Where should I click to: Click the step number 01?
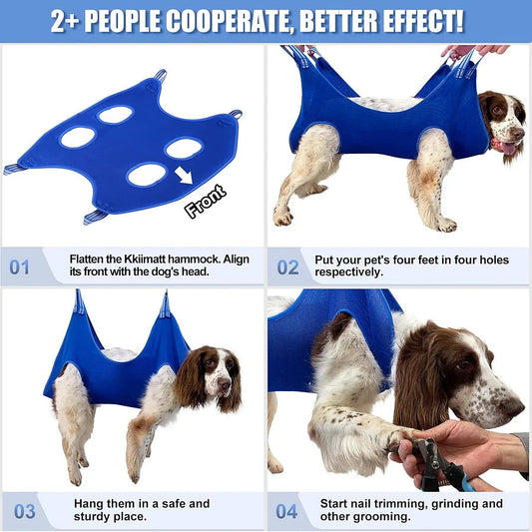click(20, 267)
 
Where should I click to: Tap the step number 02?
click(287, 267)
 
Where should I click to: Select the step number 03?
click(24, 512)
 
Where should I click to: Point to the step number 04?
click(288, 512)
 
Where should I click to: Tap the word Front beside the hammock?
click(205, 200)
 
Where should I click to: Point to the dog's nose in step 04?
click(515, 407)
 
